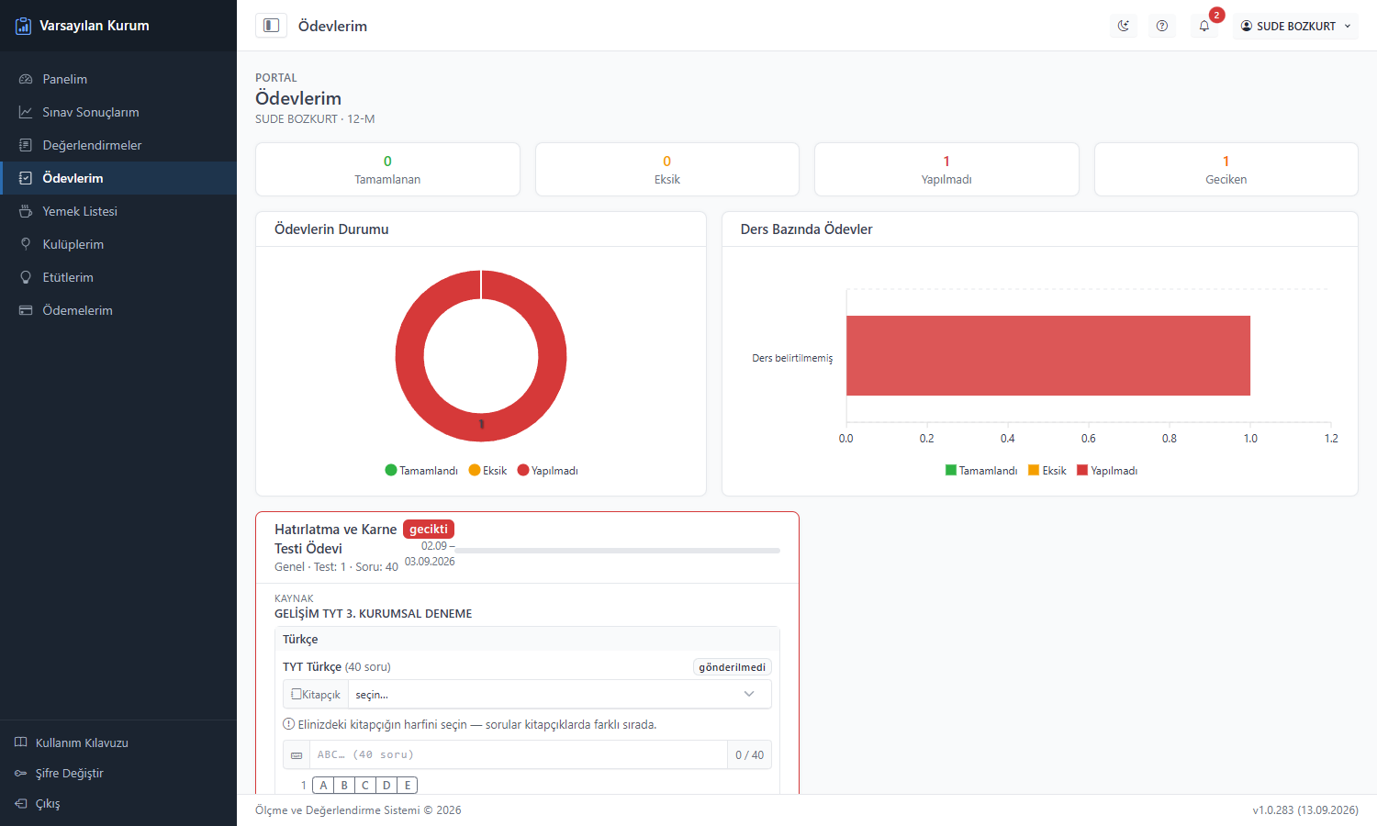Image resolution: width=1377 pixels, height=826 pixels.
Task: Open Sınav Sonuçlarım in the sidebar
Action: pos(90,112)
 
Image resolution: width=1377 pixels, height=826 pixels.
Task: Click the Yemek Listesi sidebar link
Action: pos(79,211)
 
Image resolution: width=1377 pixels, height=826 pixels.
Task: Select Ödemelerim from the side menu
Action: pos(77,310)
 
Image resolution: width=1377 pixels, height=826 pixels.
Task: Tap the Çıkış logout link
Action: pos(48,803)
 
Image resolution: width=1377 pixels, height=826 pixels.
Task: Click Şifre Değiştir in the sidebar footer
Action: pos(69,773)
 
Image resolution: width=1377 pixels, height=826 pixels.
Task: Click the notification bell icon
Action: pos(1204,26)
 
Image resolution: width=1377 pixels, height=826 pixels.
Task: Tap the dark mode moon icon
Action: pos(1123,26)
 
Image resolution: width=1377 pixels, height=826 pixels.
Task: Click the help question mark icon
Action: pos(1162,26)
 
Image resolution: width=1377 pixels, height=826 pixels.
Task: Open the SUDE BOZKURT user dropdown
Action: pos(1295,26)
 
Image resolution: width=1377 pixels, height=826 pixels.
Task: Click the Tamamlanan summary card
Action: pos(387,170)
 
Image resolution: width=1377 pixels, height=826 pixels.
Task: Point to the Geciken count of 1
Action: pos(1226,161)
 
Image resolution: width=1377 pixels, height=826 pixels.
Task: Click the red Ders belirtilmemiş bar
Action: pos(1048,356)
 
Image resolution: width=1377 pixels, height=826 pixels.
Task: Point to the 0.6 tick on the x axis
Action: pos(1088,438)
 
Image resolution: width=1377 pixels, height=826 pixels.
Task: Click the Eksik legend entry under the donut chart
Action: pos(488,470)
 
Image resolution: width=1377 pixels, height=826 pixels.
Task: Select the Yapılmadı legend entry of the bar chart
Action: pos(1107,470)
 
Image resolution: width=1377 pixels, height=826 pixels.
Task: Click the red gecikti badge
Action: pos(429,529)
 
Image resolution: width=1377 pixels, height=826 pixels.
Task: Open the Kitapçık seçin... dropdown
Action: pos(559,694)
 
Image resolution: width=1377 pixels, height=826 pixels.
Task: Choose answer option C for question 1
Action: pos(365,785)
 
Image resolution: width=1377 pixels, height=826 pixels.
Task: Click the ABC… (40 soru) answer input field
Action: pos(519,754)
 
